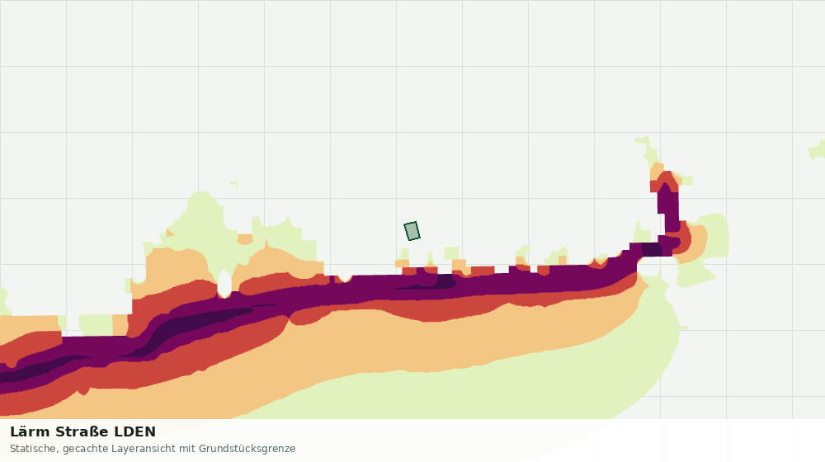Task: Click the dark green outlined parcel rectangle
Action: point(412,231)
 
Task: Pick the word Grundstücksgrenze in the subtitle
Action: point(247,449)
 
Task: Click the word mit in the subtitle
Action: point(187,449)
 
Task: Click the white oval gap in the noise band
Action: point(224,284)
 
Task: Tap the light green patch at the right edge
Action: point(817,150)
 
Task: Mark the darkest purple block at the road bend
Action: point(652,249)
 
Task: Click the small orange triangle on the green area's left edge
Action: point(169,232)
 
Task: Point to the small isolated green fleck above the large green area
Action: point(234,186)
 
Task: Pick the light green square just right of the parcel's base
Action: point(451,253)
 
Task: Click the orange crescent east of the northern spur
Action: point(695,242)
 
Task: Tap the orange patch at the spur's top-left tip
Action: point(657,171)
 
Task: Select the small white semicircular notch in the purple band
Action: point(345,277)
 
